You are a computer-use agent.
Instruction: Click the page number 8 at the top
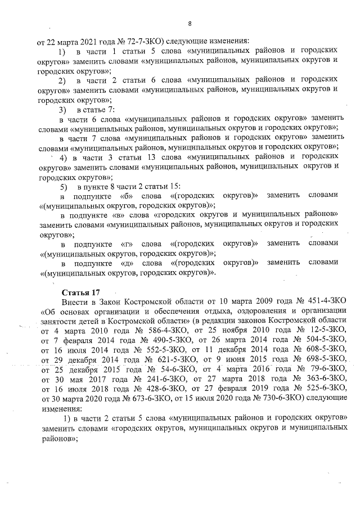point(190,24)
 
